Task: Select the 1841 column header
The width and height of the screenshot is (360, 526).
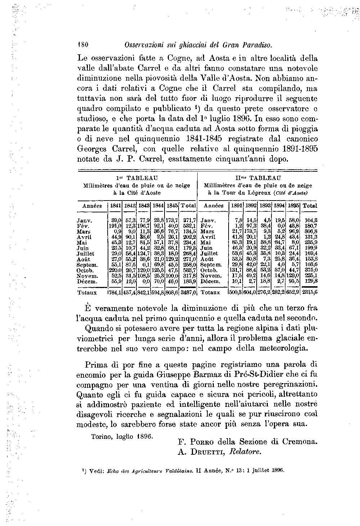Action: pyautogui.click(x=115, y=206)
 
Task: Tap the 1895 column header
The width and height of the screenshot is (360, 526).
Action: pyautogui.click(x=294, y=206)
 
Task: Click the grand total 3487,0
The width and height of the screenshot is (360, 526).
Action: pyautogui.click(x=189, y=293)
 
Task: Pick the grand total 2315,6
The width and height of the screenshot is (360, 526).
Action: pyautogui.click(x=310, y=293)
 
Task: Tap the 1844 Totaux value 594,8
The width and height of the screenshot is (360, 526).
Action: pyautogui.click(x=158, y=293)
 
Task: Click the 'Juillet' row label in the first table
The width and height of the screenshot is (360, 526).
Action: pyautogui.click(x=86, y=253)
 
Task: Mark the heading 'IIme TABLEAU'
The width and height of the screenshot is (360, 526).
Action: pyautogui.click(x=258, y=178)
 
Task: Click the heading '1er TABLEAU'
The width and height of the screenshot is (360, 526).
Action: pyautogui.click(x=137, y=178)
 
